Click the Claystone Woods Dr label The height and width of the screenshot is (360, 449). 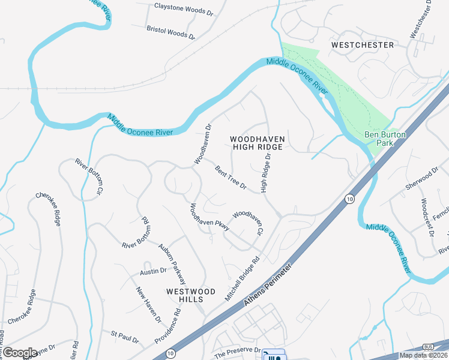[x=184, y=8]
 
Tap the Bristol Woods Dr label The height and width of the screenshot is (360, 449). [x=171, y=32]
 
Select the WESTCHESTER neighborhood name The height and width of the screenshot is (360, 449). [x=363, y=45]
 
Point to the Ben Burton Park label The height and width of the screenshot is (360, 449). [x=385, y=139]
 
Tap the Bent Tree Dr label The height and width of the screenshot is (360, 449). [x=231, y=178]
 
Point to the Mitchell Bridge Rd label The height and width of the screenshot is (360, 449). [x=242, y=270]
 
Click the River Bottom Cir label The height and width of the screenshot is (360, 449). [x=88, y=178]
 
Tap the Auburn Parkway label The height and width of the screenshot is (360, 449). [x=172, y=263]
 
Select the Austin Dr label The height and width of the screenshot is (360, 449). [x=153, y=272]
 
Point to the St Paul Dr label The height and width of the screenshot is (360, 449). [x=124, y=335]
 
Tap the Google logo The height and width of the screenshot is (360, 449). [x=20, y=353]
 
